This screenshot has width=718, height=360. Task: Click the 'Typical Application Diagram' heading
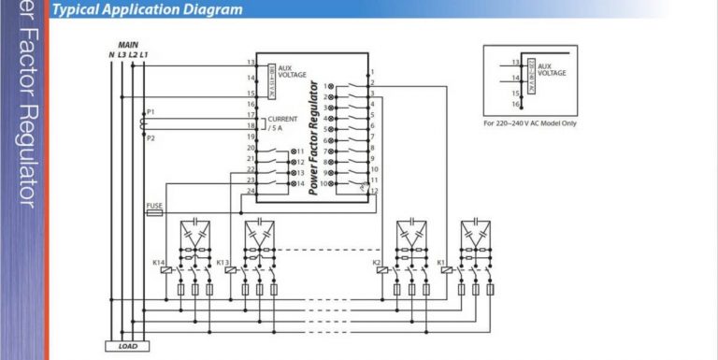pos(147,10)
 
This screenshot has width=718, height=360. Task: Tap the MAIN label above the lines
pos(128,45)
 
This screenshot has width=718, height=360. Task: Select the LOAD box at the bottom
pos(128,346)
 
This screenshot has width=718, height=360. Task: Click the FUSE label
pos(154,205)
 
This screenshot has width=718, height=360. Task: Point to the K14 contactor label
pos(158,263)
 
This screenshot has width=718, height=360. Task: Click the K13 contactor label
pos(223,263)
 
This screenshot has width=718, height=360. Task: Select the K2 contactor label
pos(377,263)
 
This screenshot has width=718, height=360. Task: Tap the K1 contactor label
pos(440,263)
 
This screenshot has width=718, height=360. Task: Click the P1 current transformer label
pos(151,111)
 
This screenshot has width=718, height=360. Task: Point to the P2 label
pos(151,137)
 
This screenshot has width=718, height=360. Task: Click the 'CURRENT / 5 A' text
pos(281,123)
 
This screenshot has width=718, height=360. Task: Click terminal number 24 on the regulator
pos(251,192)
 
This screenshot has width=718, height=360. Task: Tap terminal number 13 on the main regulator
pos(251,63)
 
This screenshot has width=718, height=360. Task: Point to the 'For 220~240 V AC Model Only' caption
pos(529,122)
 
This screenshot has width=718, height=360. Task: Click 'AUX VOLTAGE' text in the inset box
pos(552,69)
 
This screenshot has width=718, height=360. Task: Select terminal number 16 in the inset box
pos(515,105)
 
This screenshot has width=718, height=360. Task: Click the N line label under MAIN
pos(111,54)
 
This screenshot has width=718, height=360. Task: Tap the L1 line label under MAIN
pos(144,54)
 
